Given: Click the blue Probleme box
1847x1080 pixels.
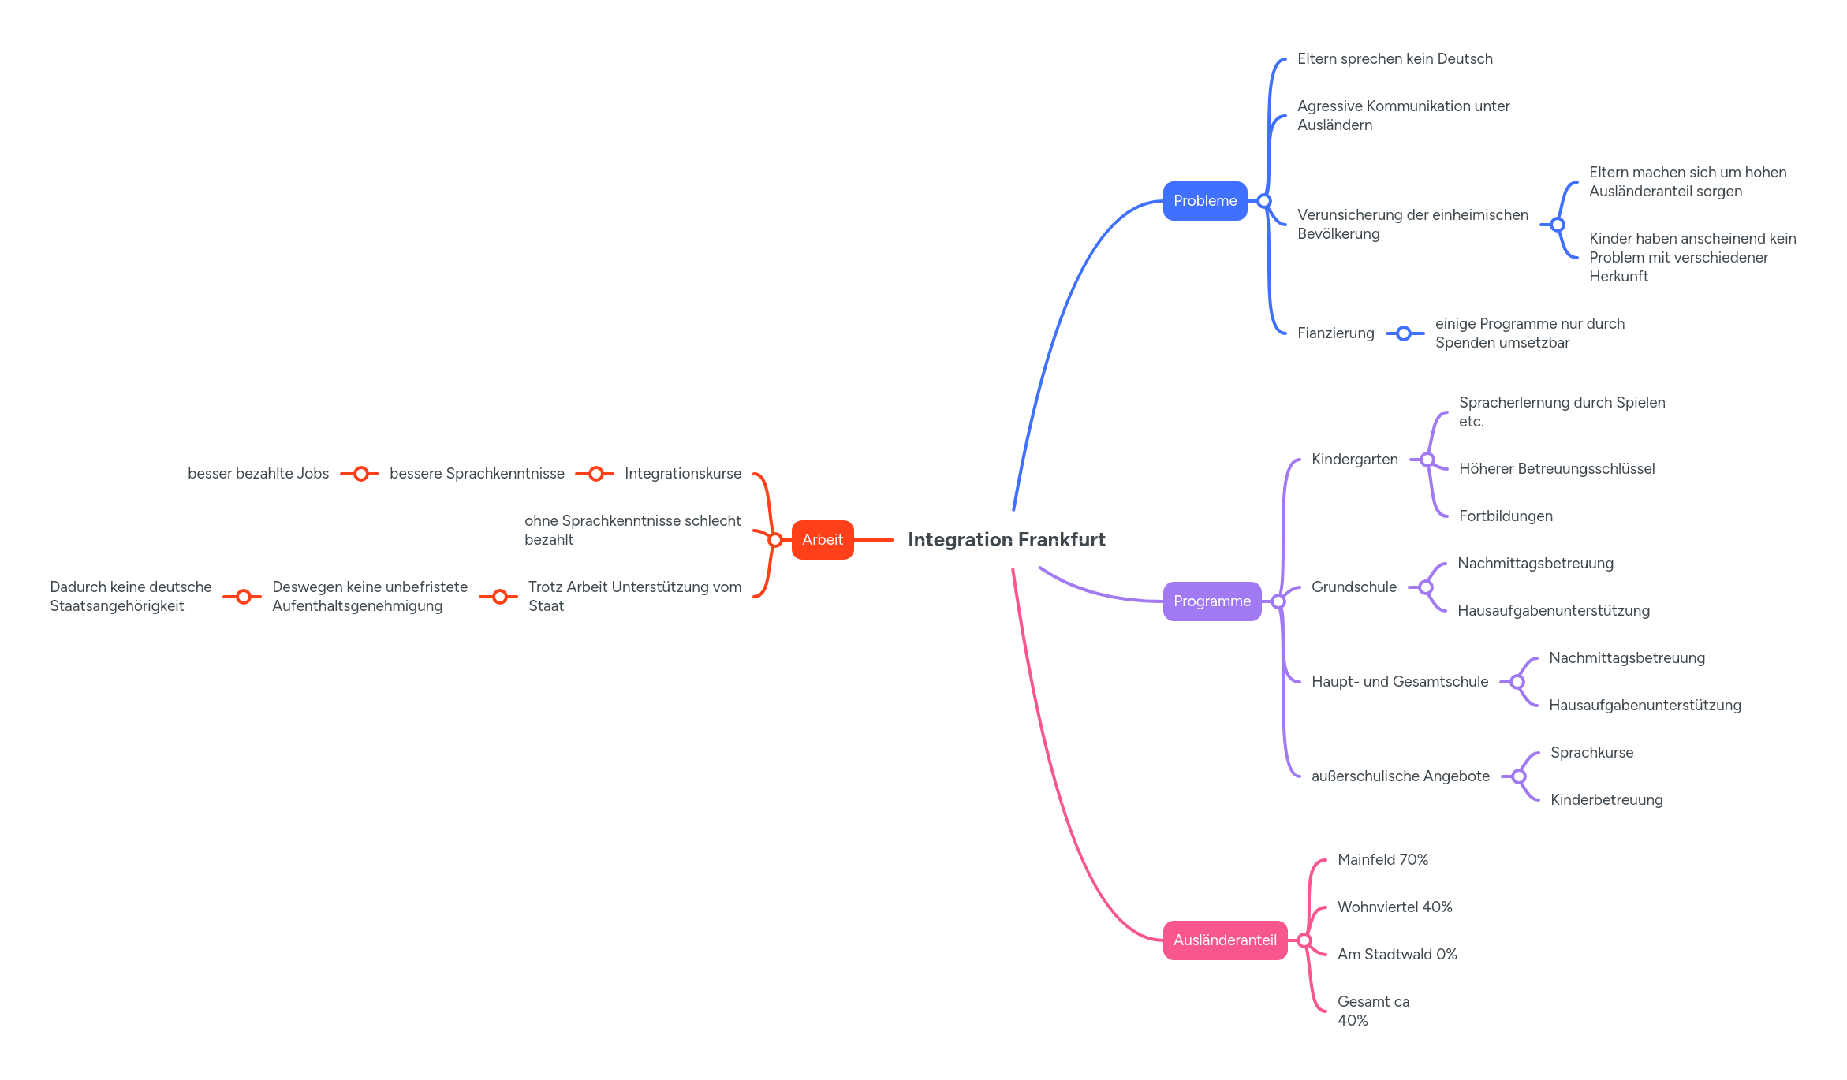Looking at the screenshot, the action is click(x=1204, y=201).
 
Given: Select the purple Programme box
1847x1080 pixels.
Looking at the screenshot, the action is click(x=1211, y=601).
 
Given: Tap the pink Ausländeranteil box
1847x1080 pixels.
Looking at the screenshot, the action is click(x=1224, y=940).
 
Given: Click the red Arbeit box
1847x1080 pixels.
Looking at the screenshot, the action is click(x=822, y=540).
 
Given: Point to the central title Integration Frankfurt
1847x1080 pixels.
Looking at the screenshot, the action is click(x=1006, y=540).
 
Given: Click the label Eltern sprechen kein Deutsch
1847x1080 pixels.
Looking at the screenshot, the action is click(x=1394, y=59).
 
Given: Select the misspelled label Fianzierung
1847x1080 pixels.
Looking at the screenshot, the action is click(x=1335, y=333).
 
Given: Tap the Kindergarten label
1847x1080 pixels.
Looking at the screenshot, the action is click(x=1354, y=460).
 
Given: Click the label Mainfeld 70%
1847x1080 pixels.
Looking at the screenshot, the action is click(x=1382, y=860).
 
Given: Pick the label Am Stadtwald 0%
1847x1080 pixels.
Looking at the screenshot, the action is click(x=1397, y=955).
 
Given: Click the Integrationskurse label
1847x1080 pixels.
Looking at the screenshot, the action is click(x=682, y=474).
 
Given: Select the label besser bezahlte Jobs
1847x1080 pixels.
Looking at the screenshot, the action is click(x=258, y=474).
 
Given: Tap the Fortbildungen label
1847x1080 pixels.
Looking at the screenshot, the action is click(x=1505, y=516).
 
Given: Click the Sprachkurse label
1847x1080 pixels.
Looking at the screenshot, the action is click(x=1591, y=753).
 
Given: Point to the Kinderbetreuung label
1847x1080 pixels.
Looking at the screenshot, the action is click(x=1606, y=800).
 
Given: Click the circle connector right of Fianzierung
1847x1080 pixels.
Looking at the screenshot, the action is click(x=1404, y=333).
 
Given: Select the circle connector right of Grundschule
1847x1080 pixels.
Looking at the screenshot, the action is click(x=1426, y=587).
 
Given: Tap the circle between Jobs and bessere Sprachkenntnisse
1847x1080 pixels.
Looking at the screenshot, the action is click(x=361, y=474).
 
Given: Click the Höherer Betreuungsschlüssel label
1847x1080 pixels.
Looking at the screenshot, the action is click(x=1556, y=469).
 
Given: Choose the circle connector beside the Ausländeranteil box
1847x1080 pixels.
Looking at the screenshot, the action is click(x=1304, y=940).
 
